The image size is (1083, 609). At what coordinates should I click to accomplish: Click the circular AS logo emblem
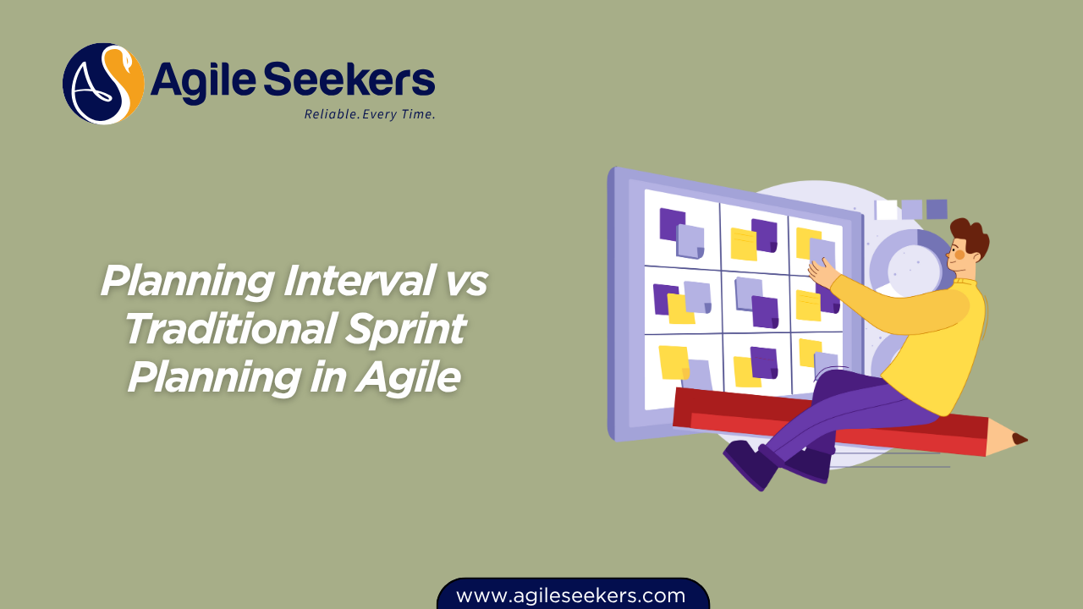(x=103, y=84)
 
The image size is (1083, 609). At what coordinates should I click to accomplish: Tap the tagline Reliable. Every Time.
(x=370, y=114)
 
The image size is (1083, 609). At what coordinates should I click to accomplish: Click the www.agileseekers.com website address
(x=570, y=595)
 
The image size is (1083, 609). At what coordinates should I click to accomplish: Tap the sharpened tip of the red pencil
(x=1019, y=439)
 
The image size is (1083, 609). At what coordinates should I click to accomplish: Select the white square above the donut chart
(x=887, y=209)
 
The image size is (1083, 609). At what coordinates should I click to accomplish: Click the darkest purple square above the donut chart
(x=937, y=209)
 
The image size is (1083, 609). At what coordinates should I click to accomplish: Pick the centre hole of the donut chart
(x=914, y=271)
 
